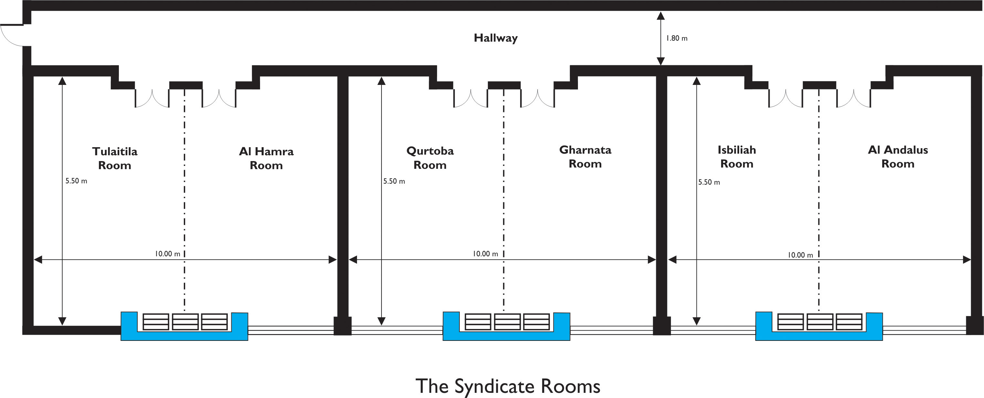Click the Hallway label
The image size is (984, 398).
496,38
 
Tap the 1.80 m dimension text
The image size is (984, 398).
676,38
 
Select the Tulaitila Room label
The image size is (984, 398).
115,158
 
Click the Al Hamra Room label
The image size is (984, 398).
266,158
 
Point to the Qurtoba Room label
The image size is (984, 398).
430,158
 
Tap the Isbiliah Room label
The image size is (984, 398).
737,157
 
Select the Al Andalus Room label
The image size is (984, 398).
898,157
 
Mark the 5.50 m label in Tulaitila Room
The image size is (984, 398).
76,181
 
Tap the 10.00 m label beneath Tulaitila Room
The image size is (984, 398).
167,254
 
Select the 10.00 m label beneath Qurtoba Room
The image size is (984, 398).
485,254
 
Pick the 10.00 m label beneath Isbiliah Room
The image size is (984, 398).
800,255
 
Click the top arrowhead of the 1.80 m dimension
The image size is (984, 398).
660,16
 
